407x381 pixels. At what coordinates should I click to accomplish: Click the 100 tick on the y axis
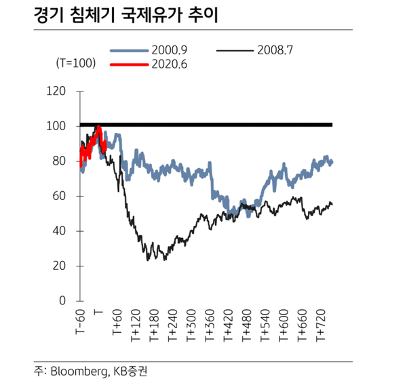[60, 126]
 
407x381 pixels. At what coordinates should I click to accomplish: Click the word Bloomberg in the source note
[77, 370]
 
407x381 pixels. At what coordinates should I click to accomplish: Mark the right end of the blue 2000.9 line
[332, 162]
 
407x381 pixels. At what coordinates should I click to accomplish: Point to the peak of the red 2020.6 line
[98, 127]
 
